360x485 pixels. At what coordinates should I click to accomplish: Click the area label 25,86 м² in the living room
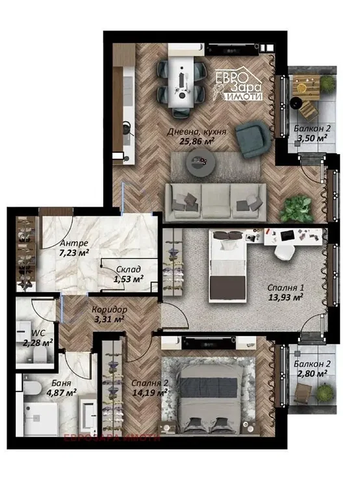(x=197, y=141)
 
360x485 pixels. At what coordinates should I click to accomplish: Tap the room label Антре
(x=74, y=243)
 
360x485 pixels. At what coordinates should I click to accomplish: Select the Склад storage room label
(x=129, y=269)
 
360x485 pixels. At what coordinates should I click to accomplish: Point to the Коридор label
(x=109, y=309)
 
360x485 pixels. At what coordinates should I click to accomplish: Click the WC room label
(x=38, y=333)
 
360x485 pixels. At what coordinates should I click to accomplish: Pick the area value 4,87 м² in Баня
(x=62, y=393)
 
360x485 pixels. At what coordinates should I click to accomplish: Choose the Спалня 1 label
(x=286, y=287)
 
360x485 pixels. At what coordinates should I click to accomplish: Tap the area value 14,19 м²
(x=150, y=393)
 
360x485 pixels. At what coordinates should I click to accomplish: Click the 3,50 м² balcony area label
(x=312, y=138)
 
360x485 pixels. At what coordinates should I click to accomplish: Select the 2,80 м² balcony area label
(x=312, y=374)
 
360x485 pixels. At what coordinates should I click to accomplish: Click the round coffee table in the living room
(x=201, y=163)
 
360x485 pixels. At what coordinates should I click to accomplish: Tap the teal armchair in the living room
(x=252, y=138)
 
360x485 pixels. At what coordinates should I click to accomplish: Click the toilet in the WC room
(x=40, y=354)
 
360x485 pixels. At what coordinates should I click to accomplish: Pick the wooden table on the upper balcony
(x=306, y=87)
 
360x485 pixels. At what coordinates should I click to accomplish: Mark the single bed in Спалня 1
(x=228, y=266)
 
